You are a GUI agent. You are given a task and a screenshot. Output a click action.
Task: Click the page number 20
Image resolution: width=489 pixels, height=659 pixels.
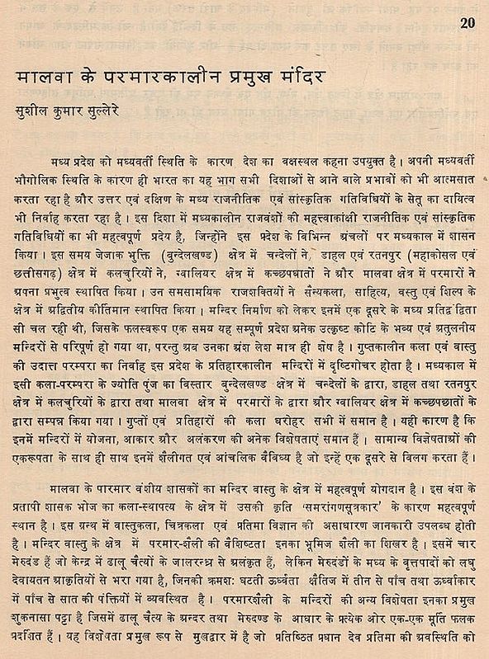[468, 23]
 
